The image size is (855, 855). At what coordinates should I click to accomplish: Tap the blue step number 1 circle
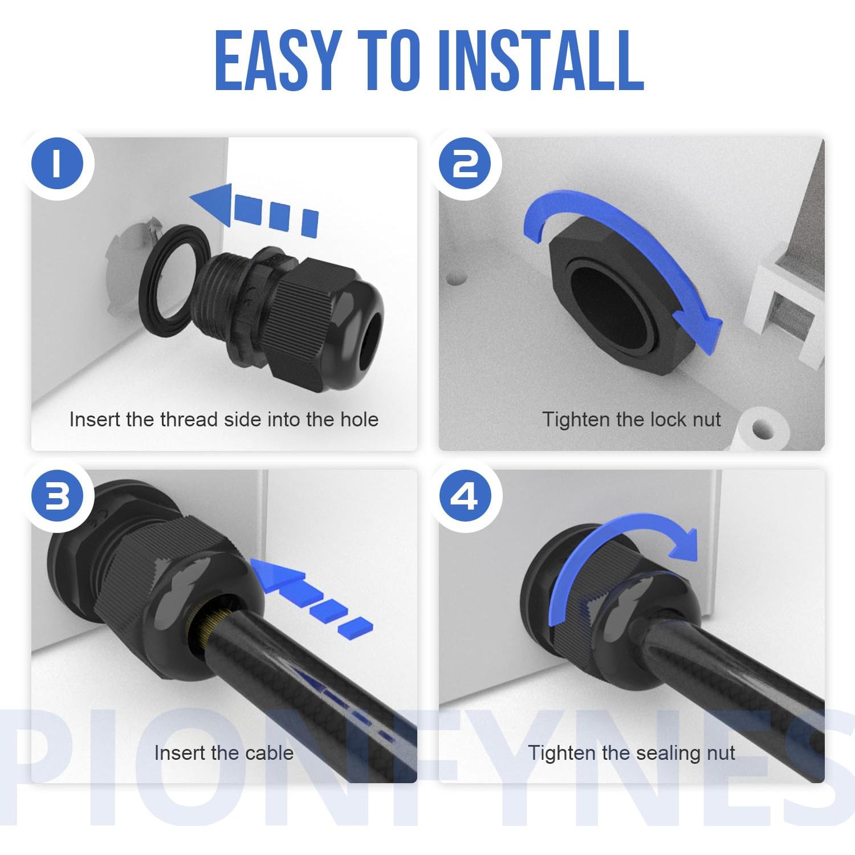pos(57,164)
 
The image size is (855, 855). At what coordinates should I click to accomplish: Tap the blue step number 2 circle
pos(466,164)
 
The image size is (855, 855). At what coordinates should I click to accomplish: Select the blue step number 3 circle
pos(57,497)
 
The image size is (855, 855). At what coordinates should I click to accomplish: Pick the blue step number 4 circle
pos(466,497)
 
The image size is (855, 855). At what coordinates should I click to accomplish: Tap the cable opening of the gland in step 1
pos(371,331)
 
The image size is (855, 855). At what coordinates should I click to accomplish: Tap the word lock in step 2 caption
pos(667,420)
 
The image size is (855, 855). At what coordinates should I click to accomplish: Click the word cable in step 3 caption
pos(264,753)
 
